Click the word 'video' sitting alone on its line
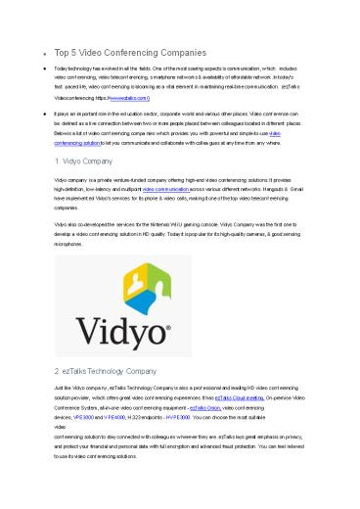click(x=61, y=428)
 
